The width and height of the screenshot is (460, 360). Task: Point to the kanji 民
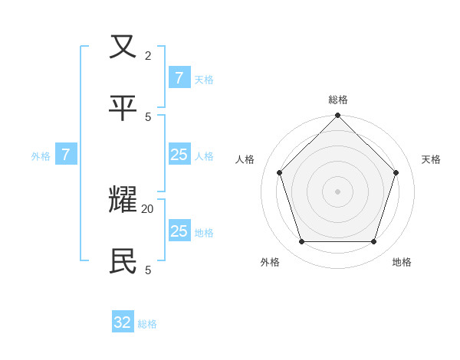pos(123,261)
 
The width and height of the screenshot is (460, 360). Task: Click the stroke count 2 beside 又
pos(148,55)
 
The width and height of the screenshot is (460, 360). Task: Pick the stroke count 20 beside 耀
pos(147,208)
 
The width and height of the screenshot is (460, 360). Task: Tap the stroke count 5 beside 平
pos(148,116)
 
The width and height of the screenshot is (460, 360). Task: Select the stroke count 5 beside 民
pos(148,270)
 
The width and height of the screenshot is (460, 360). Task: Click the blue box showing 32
pos(123,322)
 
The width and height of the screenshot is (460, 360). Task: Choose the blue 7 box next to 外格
pos(66,155)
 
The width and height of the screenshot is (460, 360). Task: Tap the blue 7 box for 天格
pos(179,78)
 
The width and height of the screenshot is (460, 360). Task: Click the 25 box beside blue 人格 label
pos(179,155)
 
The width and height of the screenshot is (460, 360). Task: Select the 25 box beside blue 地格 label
pos(179,231)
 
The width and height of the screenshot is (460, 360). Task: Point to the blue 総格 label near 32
pos(147,324)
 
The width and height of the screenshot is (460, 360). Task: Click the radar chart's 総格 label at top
pos(338,100)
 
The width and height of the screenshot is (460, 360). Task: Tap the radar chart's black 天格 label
pos(431,159)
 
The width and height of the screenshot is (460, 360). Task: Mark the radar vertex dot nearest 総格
pos(338,116)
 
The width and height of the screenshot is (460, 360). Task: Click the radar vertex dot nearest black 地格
pos(374,241)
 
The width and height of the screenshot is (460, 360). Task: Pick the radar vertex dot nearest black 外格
pos(302,241)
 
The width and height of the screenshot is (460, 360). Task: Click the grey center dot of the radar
pos(338,191)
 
